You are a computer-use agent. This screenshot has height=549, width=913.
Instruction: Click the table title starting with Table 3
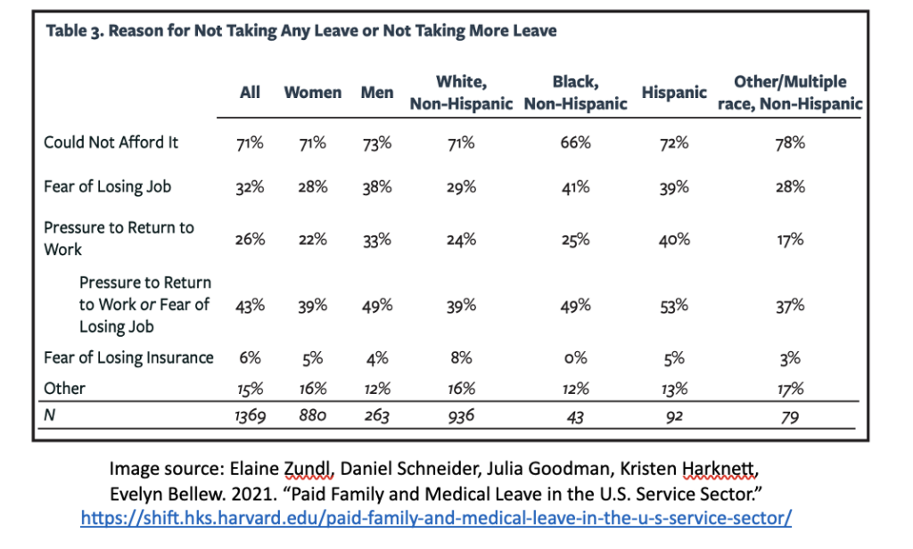[300, 31]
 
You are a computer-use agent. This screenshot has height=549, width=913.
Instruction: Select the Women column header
[312, 93]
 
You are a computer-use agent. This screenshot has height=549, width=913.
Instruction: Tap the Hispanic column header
[674, 93]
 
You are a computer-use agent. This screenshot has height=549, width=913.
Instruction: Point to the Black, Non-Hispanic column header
[575, 93]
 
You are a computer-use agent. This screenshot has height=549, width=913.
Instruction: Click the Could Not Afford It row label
[111, 143]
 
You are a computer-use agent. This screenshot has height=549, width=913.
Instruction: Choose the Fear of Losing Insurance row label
[128, 358]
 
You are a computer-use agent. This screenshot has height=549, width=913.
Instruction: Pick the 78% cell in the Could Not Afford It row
[790, 143]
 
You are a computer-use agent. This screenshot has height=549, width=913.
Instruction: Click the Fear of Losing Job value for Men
[377, 187]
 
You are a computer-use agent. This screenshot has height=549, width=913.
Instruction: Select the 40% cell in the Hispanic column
[674, 239]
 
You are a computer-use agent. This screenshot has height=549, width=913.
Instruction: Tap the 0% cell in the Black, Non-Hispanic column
[575, 358]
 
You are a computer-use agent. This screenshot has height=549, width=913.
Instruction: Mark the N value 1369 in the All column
[250, 415]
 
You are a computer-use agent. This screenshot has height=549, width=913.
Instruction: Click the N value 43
[575, 415]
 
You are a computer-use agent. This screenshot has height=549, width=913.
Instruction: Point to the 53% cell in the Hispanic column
[674, 305]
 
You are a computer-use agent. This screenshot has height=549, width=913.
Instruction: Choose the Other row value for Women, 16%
[312, 389]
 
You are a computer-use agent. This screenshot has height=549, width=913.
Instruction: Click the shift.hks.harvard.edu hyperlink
[436, 518]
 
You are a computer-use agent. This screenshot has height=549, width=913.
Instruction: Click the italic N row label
[49, 415]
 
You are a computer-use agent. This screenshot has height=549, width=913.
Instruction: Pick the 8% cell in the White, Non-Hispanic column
[462, 358]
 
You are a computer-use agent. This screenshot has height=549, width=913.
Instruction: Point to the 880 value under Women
[312, 415]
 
